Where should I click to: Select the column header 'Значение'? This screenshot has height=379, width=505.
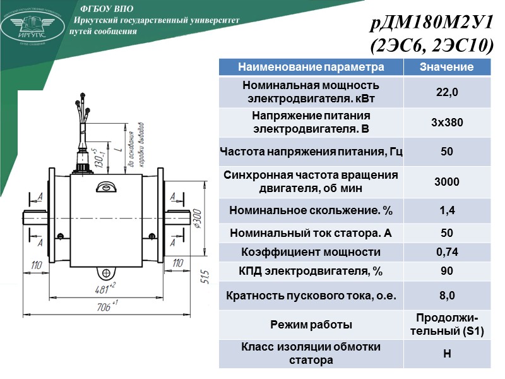coord(447,67)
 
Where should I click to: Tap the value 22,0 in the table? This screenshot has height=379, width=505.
coord(447,92)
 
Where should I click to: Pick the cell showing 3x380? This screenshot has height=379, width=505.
coord(447,123)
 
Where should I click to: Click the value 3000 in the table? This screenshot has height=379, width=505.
coord(447,182)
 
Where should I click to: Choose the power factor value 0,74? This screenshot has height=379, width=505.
coord(447,252)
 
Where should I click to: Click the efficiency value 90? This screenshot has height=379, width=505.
coord(447,271)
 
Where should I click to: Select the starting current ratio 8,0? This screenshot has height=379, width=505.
coord(447,295)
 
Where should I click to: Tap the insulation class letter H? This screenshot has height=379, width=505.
coord(447,354)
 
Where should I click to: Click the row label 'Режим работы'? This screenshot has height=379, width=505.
coord(311,325)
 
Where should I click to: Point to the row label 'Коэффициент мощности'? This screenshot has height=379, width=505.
coord(311,252)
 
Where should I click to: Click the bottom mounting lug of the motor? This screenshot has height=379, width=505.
coord(106,274)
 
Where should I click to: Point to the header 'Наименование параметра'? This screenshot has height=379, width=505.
coord(311,67)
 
